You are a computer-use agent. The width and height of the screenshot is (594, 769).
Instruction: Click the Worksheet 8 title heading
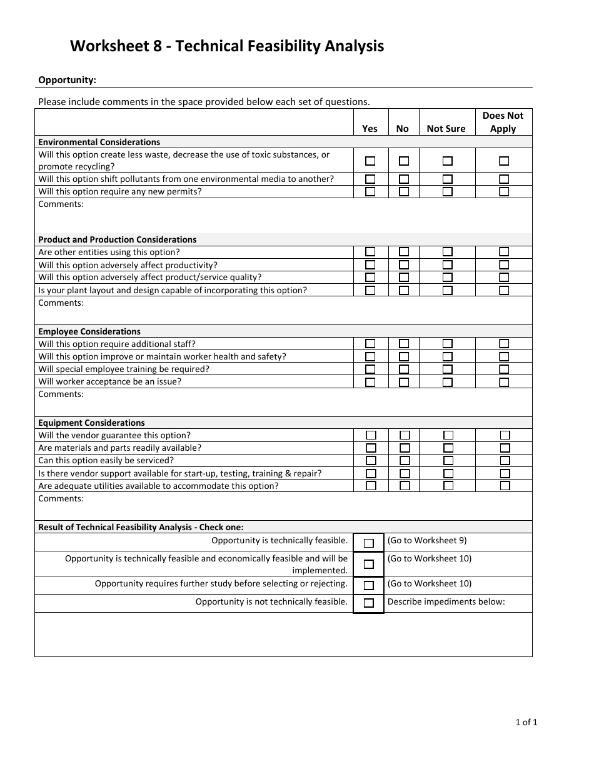(x=226, y=46)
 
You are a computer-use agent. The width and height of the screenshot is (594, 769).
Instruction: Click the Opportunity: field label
(x=68, y=79)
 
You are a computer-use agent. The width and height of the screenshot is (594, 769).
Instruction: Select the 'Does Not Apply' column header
(x=503, y=122)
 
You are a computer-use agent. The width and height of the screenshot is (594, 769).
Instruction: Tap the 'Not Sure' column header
(x=446, y=129)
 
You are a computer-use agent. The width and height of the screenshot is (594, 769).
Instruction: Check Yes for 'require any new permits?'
(x=370, y=192)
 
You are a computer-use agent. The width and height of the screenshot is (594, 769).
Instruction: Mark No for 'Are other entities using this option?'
(x=404, y=252)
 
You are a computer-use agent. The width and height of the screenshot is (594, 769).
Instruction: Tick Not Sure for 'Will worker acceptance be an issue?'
(x=448, y=382)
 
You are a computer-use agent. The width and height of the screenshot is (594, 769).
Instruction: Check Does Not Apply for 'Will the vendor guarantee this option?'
(x=505, y=435)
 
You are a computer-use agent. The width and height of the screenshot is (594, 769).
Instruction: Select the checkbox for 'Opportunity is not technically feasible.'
(x=369, y=603)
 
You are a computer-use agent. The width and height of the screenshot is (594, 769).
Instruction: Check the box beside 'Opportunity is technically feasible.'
(x=369, y=543)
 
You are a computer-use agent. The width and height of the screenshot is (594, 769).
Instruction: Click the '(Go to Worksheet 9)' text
(x=427, y=540)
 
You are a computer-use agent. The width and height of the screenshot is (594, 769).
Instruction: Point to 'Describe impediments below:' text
(x=446, y=601)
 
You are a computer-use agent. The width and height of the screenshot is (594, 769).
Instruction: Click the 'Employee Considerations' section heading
(x=89, y=331)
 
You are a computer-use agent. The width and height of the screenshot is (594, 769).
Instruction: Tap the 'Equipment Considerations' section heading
(x=91, y=423)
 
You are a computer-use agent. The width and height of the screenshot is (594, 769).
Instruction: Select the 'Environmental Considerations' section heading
(x=99, y=142)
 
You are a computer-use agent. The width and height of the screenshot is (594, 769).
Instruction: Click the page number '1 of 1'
(x=526, y=722)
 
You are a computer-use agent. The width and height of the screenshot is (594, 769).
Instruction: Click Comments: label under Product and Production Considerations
(x=61, y=303)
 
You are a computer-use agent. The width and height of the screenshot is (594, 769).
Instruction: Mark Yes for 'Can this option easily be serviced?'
(x=371, y=461)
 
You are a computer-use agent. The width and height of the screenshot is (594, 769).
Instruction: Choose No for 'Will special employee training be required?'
(x=404, y=369)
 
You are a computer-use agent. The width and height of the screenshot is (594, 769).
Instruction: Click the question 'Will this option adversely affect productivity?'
(x=128, y=265)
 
